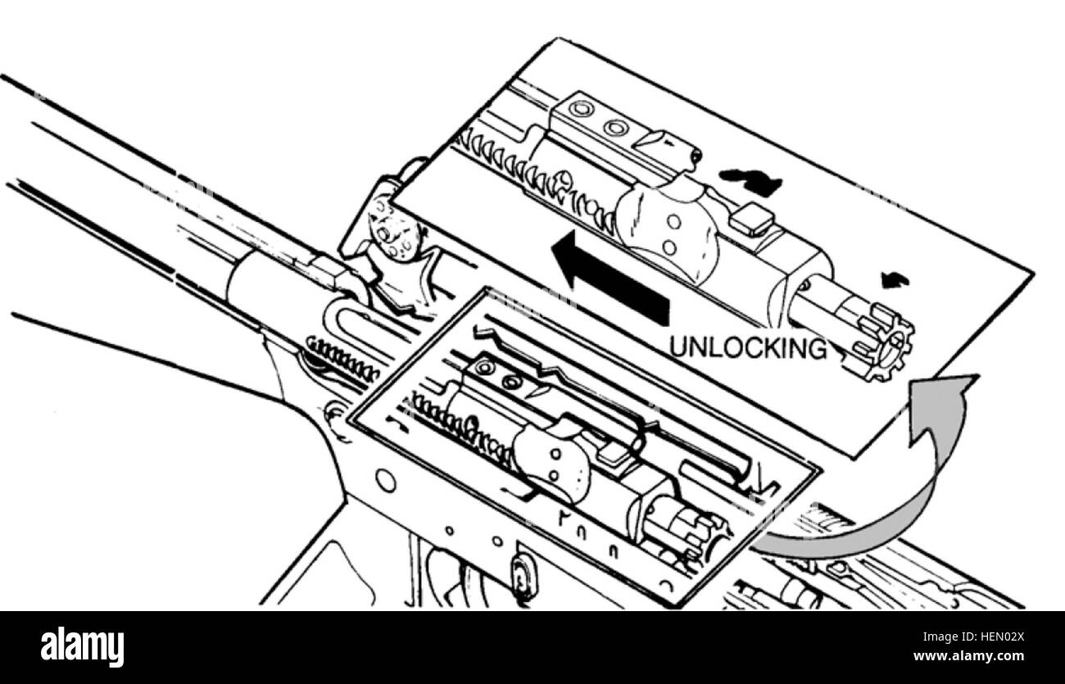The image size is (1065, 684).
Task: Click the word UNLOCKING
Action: pyautogui.click(x=748, y=347)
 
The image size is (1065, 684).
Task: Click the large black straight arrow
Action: pyautogui.click(x=610, y=278)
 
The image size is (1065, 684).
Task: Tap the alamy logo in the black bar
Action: pyautogui.click(x=82, y=647)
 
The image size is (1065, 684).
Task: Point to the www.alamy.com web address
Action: pyautogui.click(x=969, y=656)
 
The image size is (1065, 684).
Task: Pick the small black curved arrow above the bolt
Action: pyautogui.click(x=895, y=280)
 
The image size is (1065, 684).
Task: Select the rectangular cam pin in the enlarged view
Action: pyautogui.click(x=753, y=220)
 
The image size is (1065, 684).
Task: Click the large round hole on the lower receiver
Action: pyautogui.click(x=386, y=481)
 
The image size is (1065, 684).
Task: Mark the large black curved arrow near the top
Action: pyautogui.click(x=750, y=182)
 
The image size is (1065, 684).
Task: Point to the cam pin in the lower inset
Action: pyautogui.click(x=614, y=455)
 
